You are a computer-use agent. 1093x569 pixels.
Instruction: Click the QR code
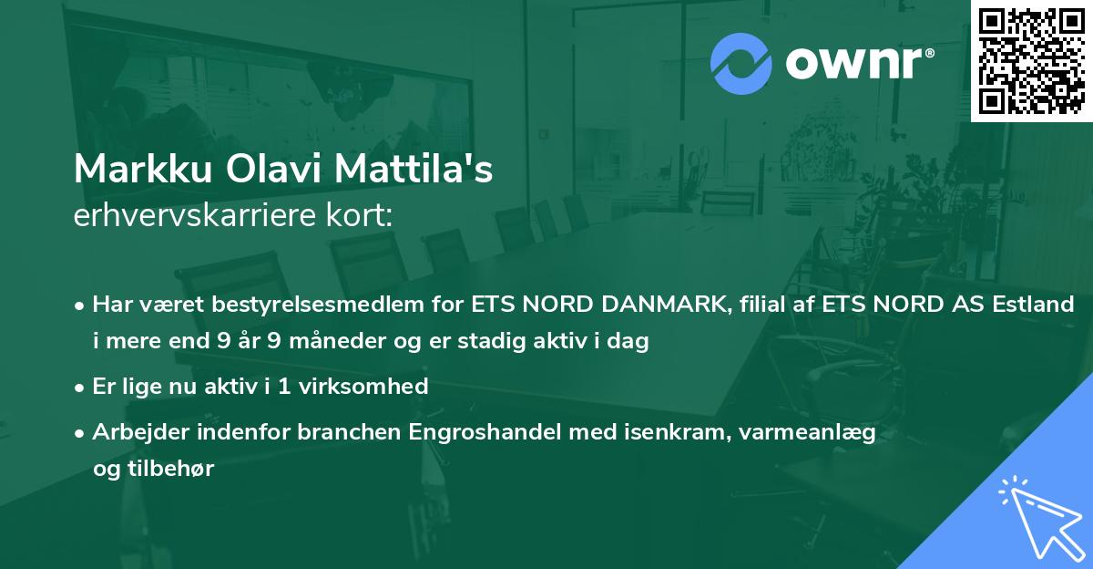pyautogui.click(x=1030, y=60)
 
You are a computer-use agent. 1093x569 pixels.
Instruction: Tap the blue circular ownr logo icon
pyautogui.click(x=741, y=63)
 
